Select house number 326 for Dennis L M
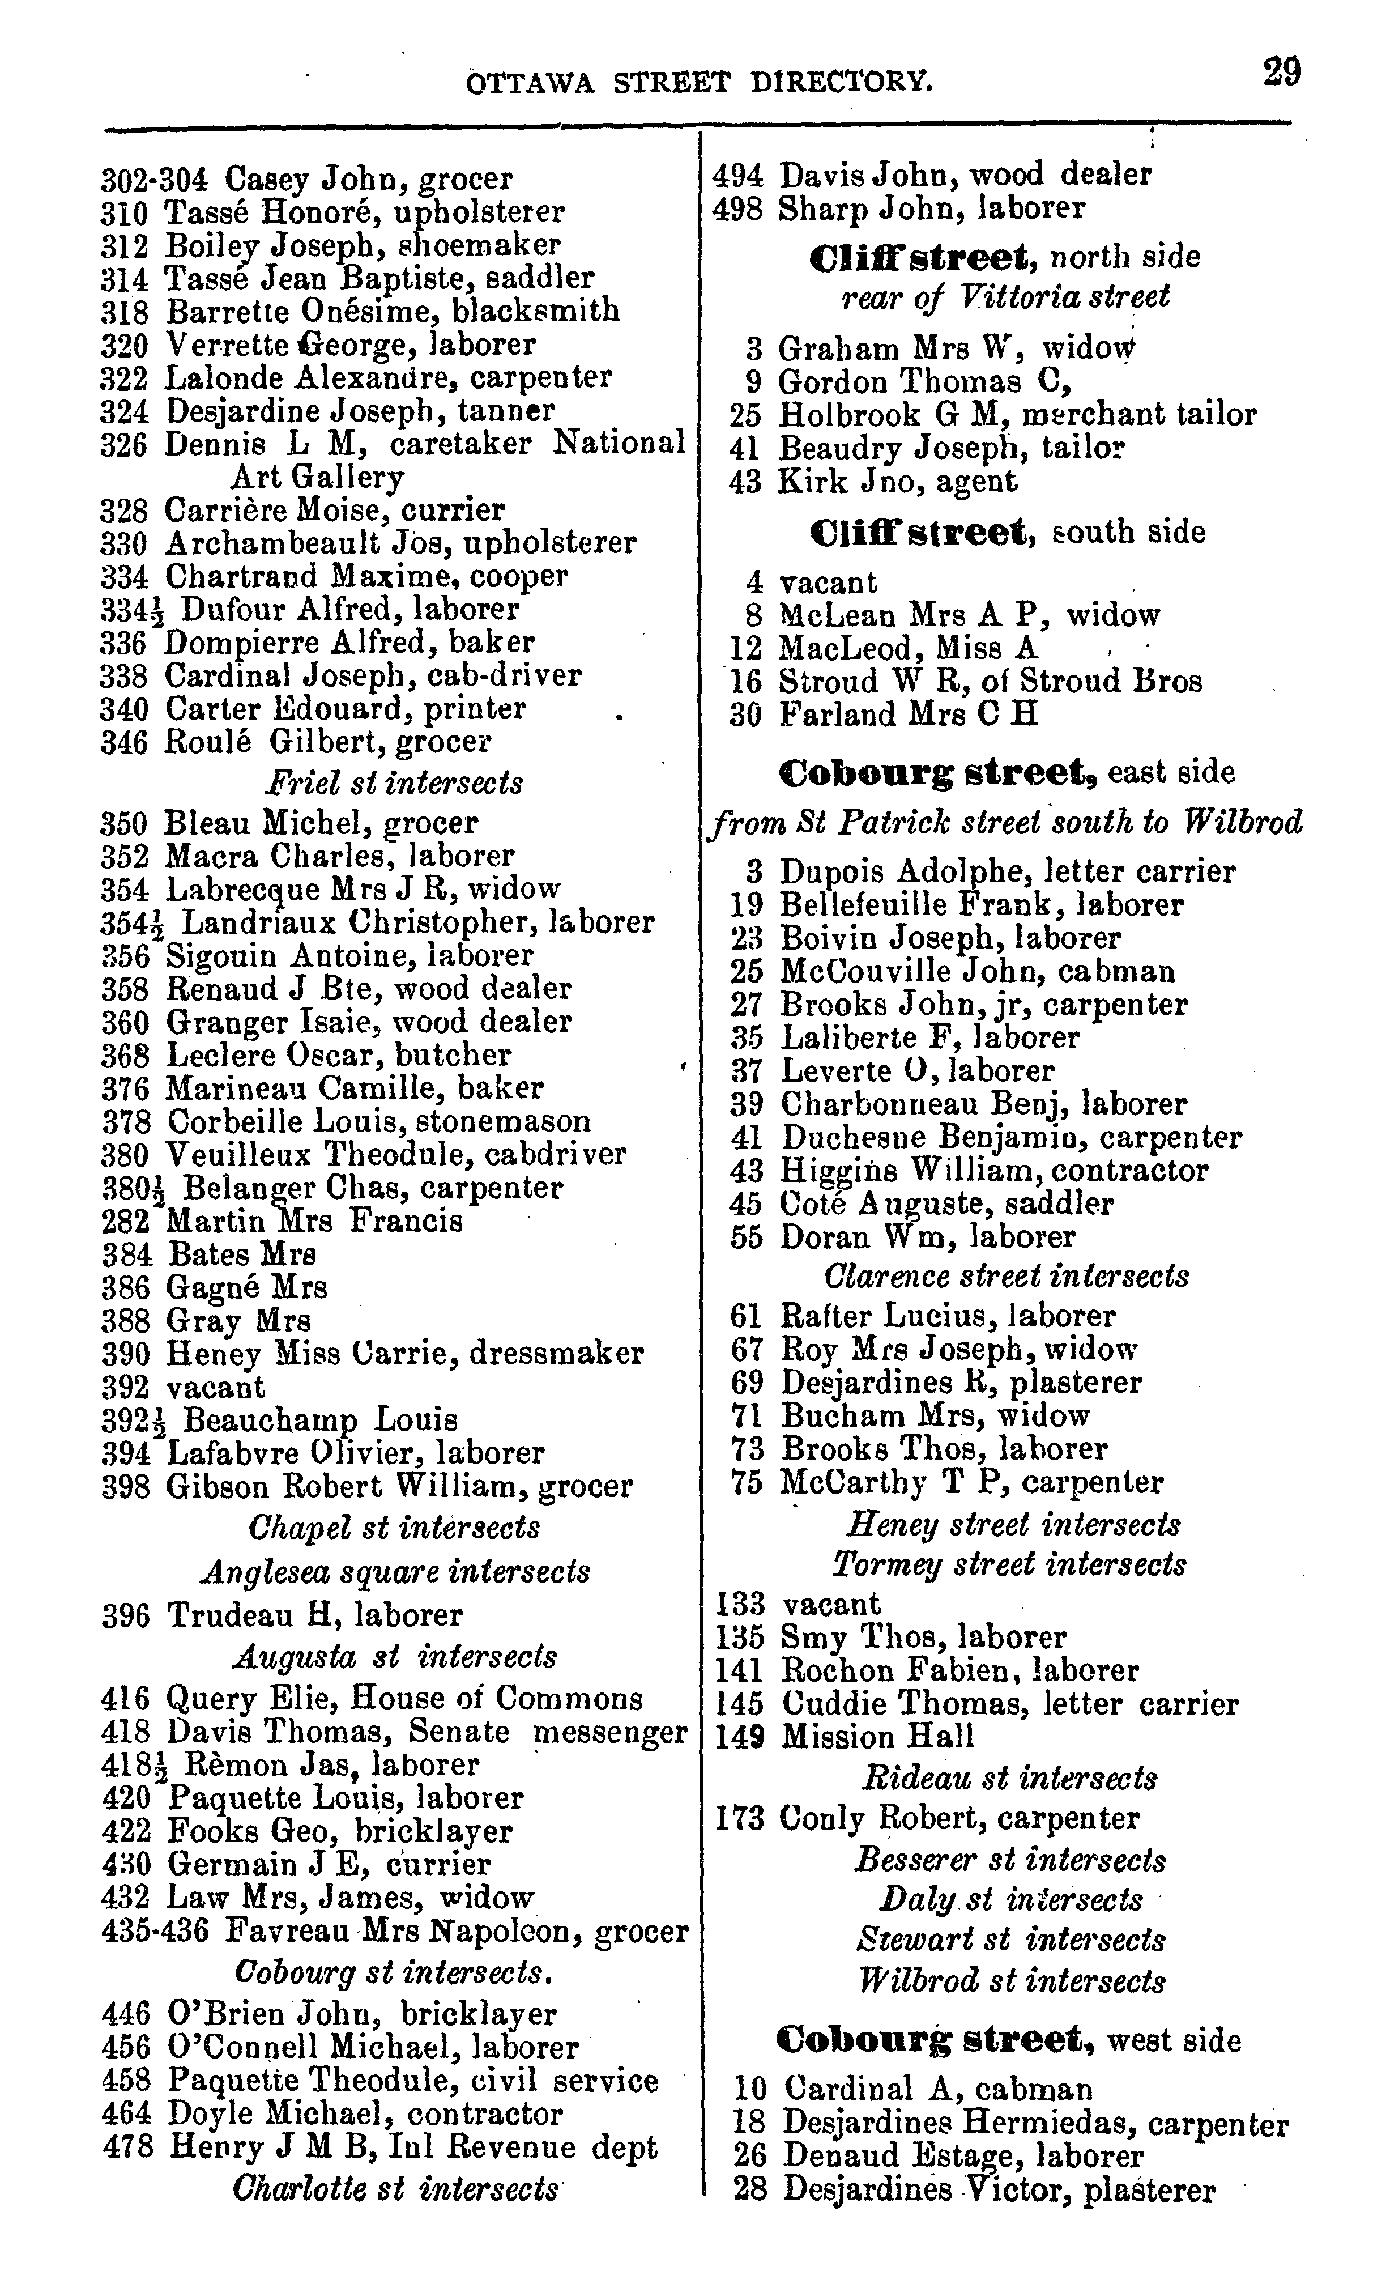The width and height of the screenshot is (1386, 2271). point(123,444)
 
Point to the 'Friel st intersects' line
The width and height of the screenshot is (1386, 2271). point(394,782)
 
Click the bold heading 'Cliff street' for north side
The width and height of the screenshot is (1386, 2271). point(924,256)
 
